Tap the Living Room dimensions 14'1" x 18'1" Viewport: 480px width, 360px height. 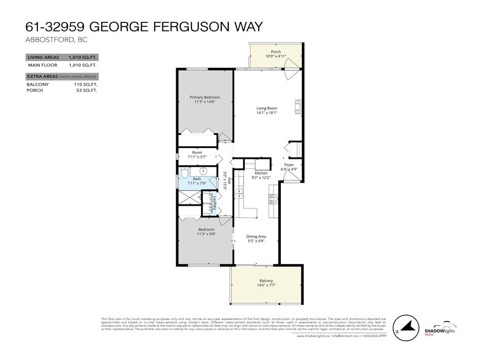coord(267,112)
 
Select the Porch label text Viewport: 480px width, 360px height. coord(276,52)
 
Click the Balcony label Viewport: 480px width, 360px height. coord(266,280)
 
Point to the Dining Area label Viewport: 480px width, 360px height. coord(256,236)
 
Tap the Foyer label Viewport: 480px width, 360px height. coord(289,165)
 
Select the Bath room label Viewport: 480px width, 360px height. coord(197,179)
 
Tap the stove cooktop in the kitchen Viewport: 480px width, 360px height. coord(273,199)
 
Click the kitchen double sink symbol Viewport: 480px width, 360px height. coord(240,193)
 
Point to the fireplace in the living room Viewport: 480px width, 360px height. coord(298,107)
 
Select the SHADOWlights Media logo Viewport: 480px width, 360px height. coord(440,328)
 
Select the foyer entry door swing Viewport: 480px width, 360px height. coord(291,176)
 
